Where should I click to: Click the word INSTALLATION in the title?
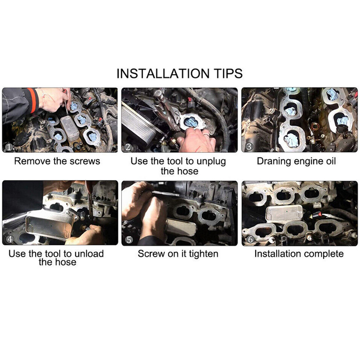point(163,73)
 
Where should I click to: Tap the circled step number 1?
point(9,147)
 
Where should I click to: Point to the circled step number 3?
point(249,147)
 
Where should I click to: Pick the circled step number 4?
point(10,239)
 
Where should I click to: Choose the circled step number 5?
point(129,240)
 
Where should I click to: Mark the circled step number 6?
point(250,240)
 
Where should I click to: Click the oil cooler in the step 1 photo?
point(70,128)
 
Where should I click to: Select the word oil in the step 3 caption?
point(331,161)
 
